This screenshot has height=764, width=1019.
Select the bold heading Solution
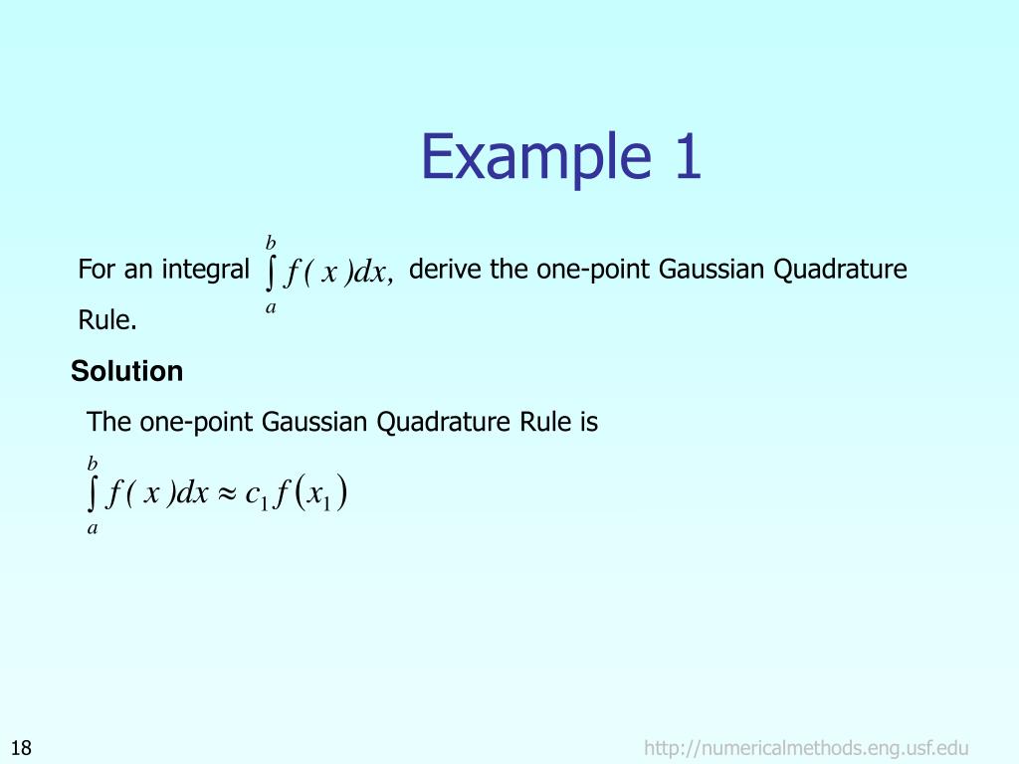click(x=126, y=372)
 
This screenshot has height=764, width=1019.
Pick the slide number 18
click(x=21, y=748)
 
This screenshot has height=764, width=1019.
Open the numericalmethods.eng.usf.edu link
click(x=806, y=748)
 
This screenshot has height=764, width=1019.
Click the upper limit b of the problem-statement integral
click(x=270, y=242)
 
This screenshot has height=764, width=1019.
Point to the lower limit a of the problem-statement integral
click(x=270, y=308)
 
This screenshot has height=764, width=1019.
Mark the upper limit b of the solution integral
click(x=93, y=464)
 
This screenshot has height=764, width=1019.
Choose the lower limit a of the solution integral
click(x=93, y=529)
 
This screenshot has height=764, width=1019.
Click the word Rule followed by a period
click(x=107, y=321)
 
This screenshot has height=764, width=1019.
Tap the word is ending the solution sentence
click(x=588, y=423)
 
